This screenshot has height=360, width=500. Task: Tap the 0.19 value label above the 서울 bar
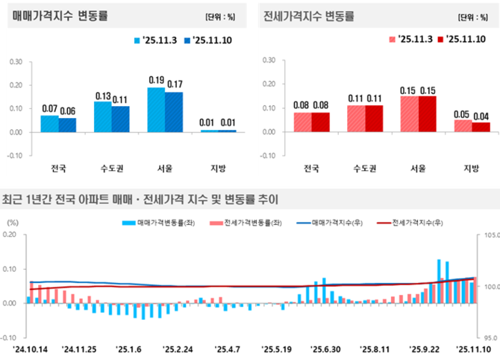click(x=156, y=80)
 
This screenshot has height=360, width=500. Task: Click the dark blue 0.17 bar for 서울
click(x=173, y=112)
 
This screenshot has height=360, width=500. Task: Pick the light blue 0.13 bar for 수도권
click(x=103, y=117)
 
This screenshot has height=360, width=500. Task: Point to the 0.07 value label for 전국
click(x=50, y=108)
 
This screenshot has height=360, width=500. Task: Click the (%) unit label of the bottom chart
click(x=12, y=223)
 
